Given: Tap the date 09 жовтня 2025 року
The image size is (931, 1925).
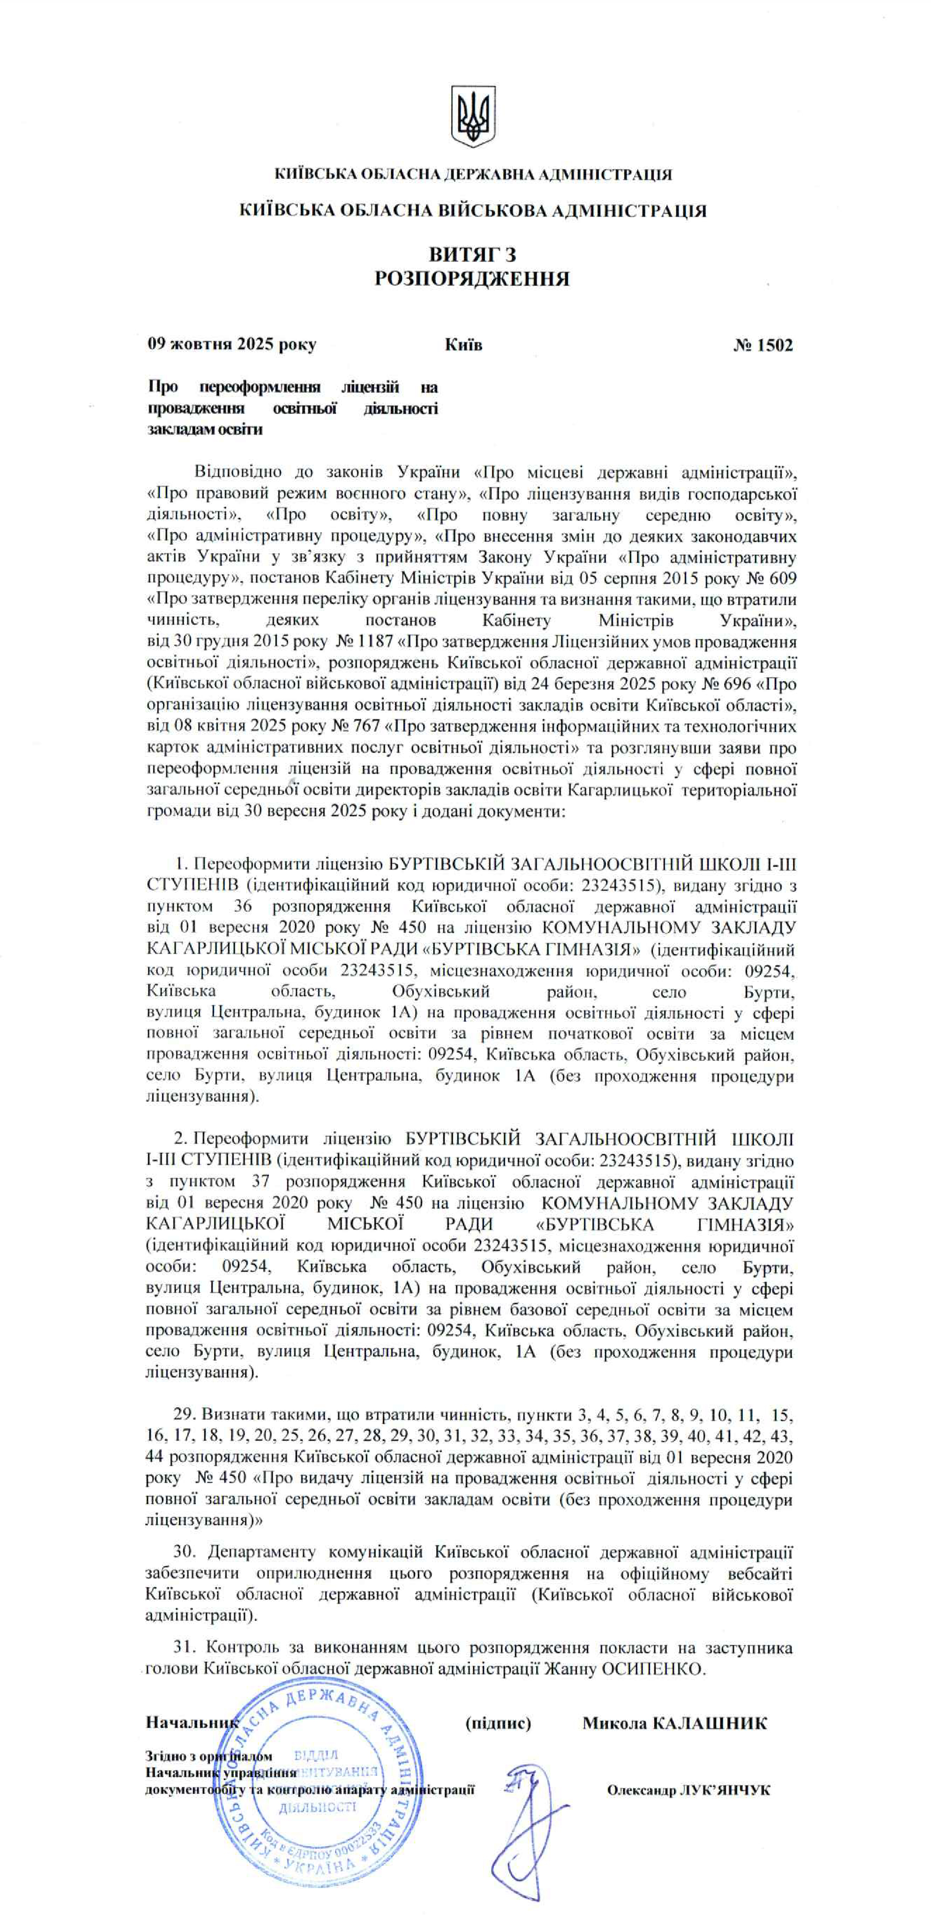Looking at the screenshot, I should (x=232, y=345).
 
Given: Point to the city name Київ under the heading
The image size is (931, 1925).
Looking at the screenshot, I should (x=463, y=345).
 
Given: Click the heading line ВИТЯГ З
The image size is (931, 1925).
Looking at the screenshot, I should (x=472, y=254).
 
